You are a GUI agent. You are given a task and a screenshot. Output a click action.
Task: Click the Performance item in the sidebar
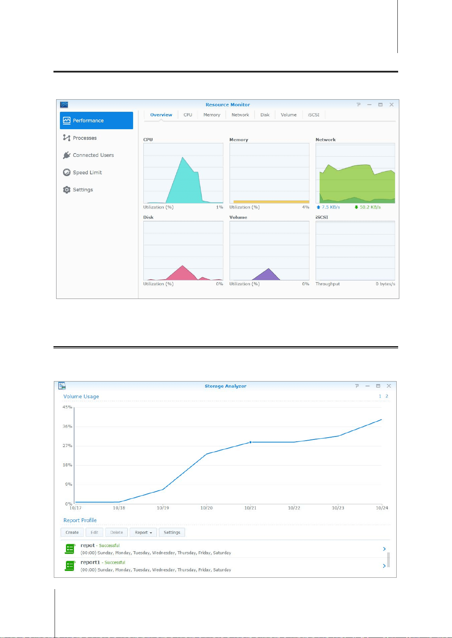click(96, 120)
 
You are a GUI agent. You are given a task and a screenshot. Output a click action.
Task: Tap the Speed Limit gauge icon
click(67, 172)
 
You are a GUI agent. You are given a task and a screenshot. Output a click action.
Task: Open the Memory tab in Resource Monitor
click(212, 115)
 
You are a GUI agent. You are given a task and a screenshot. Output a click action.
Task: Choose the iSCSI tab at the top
click(314, 115)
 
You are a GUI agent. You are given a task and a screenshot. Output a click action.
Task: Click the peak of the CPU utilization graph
click(182, 157)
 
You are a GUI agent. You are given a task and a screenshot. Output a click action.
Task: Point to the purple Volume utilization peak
click(268, 269)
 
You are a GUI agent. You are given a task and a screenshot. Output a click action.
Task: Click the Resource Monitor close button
click(392, 105)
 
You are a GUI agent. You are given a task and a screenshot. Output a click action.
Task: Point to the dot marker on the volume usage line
click(251, 443)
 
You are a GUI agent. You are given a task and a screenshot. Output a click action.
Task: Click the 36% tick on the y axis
click(67, 426)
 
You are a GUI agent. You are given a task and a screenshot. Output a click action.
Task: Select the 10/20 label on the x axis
click(206, 508)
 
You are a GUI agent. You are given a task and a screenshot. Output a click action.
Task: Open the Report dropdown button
click(143, 532)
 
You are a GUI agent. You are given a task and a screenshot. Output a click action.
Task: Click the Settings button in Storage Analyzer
click(172, 532)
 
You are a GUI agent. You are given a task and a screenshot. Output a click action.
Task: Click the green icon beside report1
click(70, 566)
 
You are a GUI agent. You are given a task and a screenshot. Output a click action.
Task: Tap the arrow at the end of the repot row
click(384, 549)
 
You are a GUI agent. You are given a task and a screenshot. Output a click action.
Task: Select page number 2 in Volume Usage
click(387, 396)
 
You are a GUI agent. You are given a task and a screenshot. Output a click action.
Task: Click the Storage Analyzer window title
click(225, 386)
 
